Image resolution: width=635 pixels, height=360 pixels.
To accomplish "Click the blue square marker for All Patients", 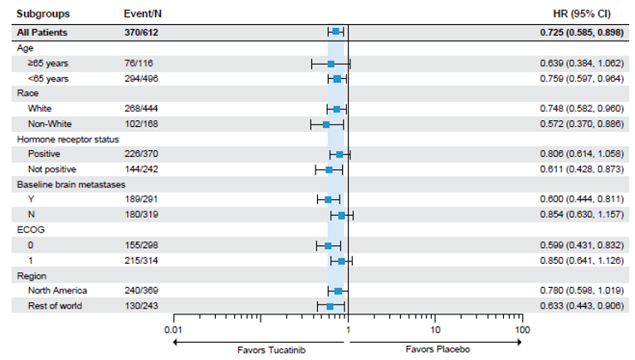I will [x=335, y=32].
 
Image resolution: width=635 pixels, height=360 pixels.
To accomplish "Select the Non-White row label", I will [x=50, y=124].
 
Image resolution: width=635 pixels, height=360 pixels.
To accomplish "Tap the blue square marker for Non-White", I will [x=326, y=124].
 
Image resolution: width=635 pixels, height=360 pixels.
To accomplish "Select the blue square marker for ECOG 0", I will [x=328, y=246].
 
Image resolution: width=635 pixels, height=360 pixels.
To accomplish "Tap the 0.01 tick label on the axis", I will [x=173, y=329].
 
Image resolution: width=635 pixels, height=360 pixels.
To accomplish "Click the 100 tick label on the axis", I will [x=521, y=329].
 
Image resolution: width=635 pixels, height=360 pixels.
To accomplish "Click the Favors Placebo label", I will [x=437, y=350].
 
